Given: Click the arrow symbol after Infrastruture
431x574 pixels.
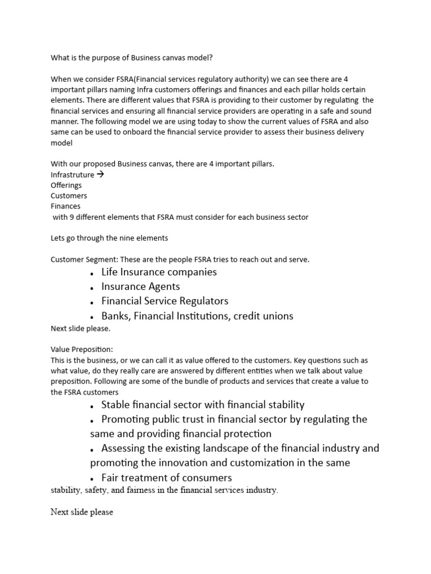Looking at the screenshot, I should (101, 174).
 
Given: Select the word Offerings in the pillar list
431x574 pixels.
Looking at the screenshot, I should (66, 185).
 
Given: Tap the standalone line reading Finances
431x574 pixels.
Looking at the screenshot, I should (66, 206).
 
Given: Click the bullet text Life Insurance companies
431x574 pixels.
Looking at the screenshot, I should (159, 272).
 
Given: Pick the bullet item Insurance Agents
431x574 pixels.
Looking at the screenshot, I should (140, 286).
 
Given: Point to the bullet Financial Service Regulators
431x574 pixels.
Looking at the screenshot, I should (164, 301).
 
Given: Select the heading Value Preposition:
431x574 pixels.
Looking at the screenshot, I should (82, 349).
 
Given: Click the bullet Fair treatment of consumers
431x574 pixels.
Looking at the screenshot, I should (167, 478).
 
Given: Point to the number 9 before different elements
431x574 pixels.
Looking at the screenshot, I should (71, 217).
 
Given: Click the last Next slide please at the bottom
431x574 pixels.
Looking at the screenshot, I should (82, 512).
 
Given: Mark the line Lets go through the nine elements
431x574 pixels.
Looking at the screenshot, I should (109, 238).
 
